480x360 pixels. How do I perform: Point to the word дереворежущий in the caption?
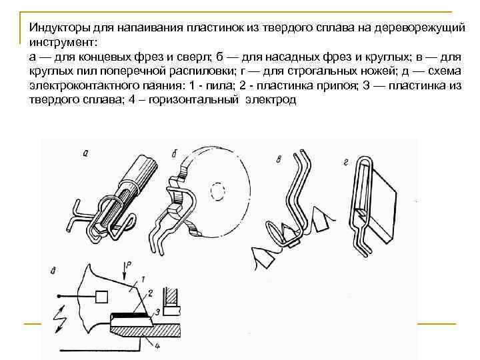click(417, 27)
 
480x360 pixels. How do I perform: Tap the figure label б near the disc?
click(174, 155)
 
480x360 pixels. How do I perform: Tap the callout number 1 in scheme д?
click(141, 276)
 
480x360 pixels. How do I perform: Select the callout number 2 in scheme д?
click(151, 292)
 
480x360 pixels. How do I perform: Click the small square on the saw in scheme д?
click(103, 295)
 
